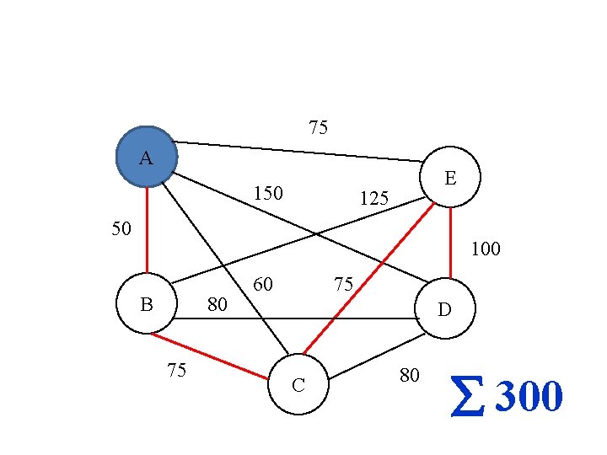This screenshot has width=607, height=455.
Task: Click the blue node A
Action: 147,157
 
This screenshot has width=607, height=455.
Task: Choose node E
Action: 451,178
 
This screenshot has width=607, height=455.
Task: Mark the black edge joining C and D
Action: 375,355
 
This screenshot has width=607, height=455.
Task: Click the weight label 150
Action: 268,194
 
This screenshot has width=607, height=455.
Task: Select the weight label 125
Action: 373,199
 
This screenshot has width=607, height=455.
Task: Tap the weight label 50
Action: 121,228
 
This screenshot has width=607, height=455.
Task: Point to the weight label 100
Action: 486,249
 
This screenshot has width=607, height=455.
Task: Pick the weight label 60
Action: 263,284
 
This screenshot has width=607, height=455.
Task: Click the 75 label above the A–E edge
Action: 318,128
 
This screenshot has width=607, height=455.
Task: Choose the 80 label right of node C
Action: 409,375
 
